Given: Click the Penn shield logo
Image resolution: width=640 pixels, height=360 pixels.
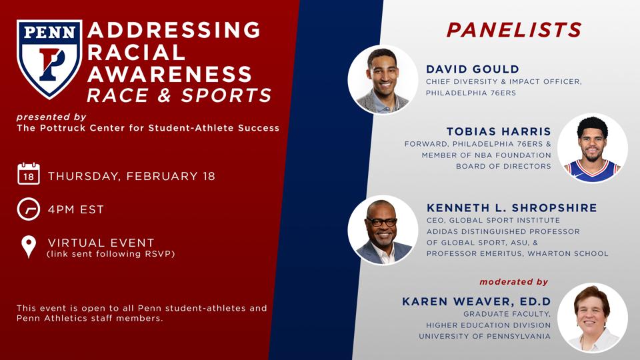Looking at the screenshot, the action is pyautogui.click(x=49, y=59).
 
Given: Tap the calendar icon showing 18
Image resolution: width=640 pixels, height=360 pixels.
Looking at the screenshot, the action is pyautogui.click(x=29, y=173).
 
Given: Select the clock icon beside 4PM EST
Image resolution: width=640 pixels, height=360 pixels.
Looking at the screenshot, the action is pyautogui.click(x=29, y=209).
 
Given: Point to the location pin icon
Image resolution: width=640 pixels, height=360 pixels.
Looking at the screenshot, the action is pyautogui.click(x=29, y=247).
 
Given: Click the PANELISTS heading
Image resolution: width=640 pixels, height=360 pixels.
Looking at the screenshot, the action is pyautogui.click(x=514, y=30).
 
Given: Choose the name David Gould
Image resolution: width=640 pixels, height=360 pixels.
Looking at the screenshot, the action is pyautogui.click(x=473, y=69).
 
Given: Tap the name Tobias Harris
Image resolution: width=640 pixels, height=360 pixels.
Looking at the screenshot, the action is pyautogui.click(x=499, y=131).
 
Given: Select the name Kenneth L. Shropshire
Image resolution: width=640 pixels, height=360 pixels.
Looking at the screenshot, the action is pyautogui.click(x=512, y=208).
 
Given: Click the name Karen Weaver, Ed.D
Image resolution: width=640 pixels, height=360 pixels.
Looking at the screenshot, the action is pyautogui.click(x=476, y=301).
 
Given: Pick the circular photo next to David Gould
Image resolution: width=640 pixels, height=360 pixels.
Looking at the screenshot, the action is pyautogui.click(x=383, y=79).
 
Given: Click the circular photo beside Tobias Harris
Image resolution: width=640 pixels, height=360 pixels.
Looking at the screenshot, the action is pyautogui.click(x=593, y=148).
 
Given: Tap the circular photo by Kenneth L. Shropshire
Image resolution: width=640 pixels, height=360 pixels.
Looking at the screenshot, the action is pyautogui.click(x=383, y=230).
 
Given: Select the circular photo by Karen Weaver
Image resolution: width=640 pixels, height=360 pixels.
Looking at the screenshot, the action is pyautogui.click(x=593, y=317).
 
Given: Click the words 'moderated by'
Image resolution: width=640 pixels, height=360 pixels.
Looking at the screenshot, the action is pyautogui.click(x=513, y=281).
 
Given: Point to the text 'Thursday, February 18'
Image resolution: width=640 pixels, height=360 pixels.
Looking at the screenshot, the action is pyautogui.click(x=131, y=176).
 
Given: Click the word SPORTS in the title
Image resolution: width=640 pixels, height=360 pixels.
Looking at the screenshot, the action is pyautogui.click(x=227, y=95).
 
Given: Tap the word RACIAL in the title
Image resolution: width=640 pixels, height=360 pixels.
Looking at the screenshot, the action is pyautogui.click(x=136, y=52).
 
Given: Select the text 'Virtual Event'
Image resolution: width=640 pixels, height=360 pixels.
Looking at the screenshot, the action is pyautogui.click(x=101, y=243).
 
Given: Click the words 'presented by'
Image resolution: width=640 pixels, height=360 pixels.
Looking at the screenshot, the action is pyautogui.click(x=51, y=117).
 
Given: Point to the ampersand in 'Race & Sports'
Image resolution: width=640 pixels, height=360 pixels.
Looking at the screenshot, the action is pyautogui.click(x=165, y=95).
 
